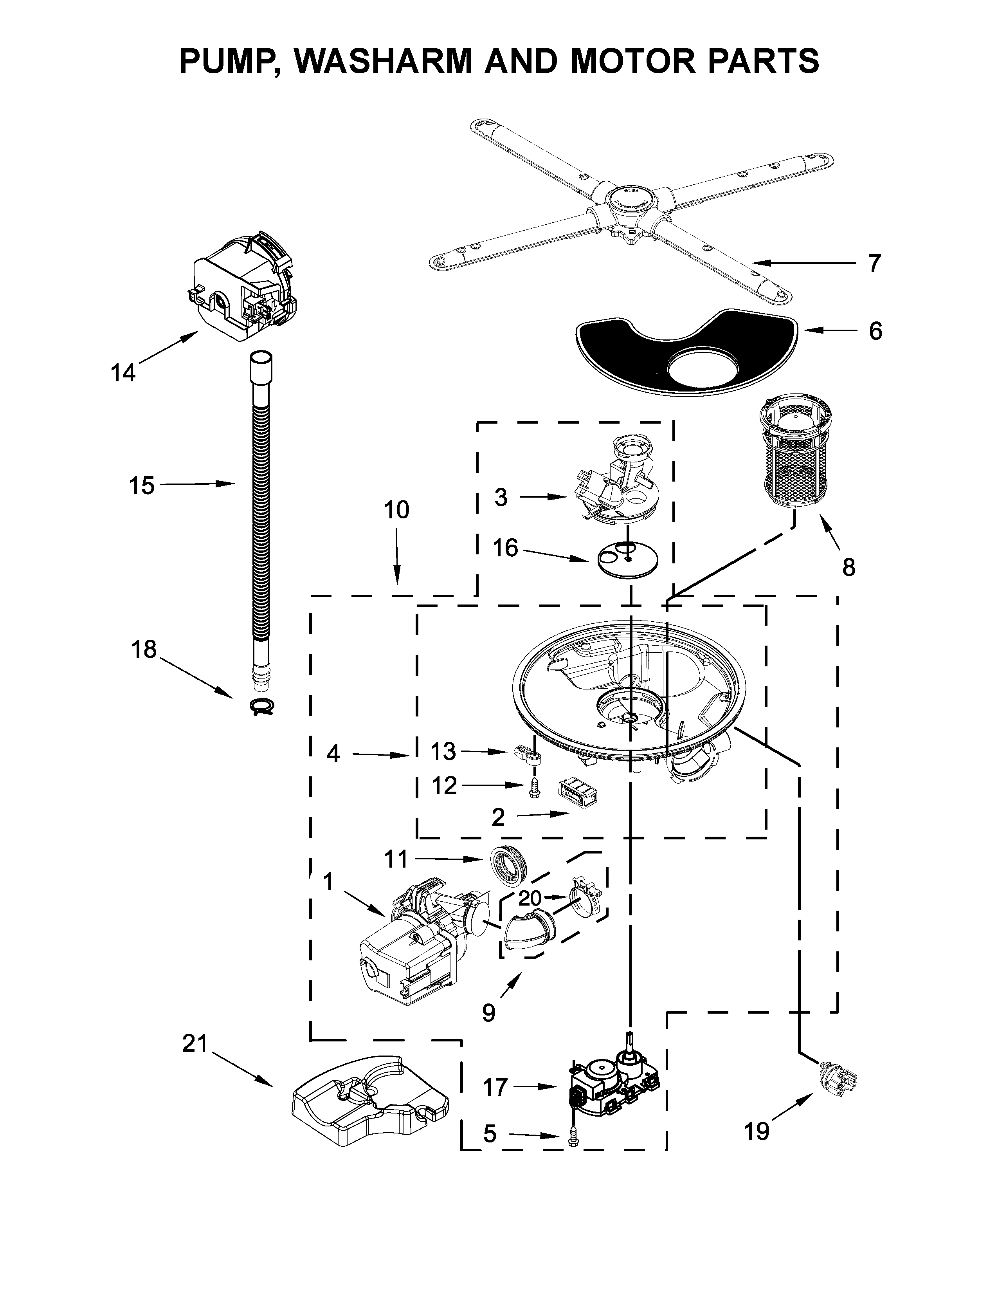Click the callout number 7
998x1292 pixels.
874,263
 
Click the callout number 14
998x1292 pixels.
123,373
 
